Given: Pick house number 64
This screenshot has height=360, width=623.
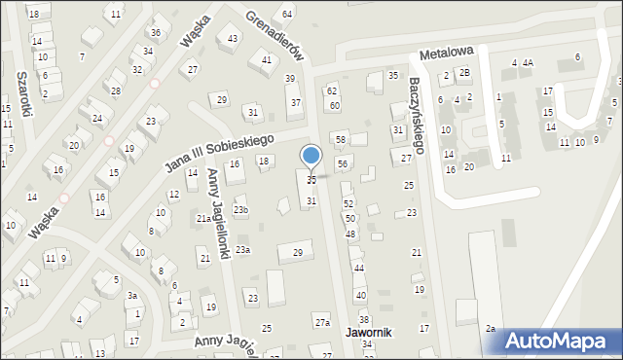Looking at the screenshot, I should tap(287, 14).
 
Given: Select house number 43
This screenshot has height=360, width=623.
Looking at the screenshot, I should tap(233, 39).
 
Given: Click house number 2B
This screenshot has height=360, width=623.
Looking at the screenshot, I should tap(464, 72).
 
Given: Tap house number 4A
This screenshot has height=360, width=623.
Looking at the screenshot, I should tap(527, 63).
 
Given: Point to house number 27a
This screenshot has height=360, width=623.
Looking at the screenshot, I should tap(322, 322).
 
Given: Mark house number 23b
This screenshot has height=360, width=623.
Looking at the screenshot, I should tap(240, 210).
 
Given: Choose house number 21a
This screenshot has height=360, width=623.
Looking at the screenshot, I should tap(203, 220).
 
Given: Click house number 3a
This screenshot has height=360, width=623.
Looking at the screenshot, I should tap(132, 296).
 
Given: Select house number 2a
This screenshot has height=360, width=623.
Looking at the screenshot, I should tap(492, 330).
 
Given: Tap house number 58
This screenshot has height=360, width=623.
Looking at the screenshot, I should tap(341, 140).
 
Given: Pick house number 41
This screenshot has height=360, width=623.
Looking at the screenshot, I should tap(267, 60).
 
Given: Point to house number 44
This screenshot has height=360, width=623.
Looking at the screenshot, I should tap(358, 268).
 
